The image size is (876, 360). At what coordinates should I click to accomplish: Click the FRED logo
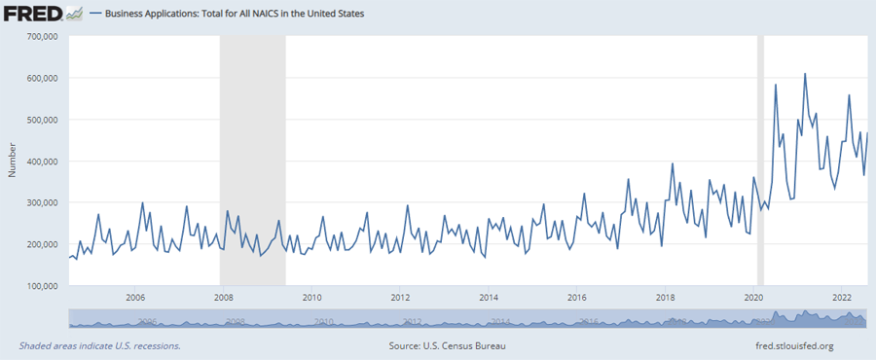[x=37, y=14]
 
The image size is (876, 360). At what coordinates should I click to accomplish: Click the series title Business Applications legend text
[x=234, y=15]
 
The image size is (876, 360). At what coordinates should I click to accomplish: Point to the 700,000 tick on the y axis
[x=42, y=37]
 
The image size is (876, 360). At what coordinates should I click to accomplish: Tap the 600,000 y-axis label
[x=42, y=78]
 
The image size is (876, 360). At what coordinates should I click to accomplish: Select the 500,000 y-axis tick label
[x=42, y=120]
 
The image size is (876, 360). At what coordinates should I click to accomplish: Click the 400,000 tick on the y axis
[x=42, y=162]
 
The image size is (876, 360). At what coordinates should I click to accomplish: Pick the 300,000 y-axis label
[x=42, y=202]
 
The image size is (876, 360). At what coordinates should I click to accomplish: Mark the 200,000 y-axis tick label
[x=42, y=244]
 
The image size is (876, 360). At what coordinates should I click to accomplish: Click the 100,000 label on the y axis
[x=42, y=286]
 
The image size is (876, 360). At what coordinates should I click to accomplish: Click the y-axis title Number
[x=12, y=162]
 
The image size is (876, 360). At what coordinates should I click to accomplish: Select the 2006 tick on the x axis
[x=134, y=297]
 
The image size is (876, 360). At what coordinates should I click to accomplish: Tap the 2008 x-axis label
[x=223, y=297]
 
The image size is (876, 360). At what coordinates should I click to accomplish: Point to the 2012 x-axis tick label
[x=400, y=297]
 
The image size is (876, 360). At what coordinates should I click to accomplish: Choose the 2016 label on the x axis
[x=577, y=297]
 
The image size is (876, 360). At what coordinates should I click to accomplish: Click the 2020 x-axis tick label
[x=754, y=297]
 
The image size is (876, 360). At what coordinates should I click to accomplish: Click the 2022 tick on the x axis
[x=843, y=297]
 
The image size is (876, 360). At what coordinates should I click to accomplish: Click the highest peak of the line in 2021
[x=805, y=74]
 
